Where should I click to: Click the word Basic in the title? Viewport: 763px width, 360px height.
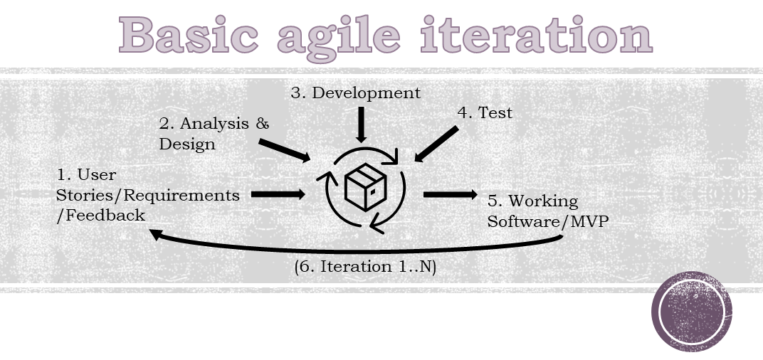[188, 35]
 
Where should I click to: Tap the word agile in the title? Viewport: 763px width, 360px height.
[338, 38]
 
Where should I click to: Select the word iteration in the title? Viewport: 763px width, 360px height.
[536, 35]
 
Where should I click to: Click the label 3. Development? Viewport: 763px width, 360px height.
[356, 93]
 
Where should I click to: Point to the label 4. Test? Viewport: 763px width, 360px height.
[485, 112]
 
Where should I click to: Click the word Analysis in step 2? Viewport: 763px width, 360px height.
[215, 124]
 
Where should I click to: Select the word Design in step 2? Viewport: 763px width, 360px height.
[187, 144]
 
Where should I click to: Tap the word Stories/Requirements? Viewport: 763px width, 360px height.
[148, 196]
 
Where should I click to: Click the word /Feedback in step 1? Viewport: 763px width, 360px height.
[101, 216]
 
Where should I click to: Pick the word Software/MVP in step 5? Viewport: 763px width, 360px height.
[548, 221]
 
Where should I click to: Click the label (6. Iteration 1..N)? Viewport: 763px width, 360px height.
[365, 267]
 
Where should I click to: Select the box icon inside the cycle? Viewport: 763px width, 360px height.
[365, 187]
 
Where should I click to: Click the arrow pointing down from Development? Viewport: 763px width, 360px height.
[361, 125]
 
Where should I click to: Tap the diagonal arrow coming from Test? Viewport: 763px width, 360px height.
[436, 144]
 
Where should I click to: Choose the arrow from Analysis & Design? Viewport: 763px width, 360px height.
[285, 150]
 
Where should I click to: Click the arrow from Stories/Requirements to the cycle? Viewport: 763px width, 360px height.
[278, 195]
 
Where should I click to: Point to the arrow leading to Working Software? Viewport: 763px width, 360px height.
[451, 195]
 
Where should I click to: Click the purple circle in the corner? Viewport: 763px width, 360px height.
[692, 312]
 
